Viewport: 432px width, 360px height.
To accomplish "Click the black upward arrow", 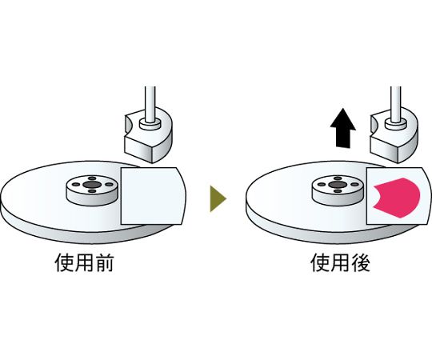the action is click(342, 128).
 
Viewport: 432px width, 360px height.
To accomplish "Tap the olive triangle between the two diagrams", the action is click(218, 198).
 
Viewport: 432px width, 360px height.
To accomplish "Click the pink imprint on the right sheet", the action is click(397, 198).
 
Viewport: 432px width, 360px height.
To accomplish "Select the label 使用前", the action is click(84, 263).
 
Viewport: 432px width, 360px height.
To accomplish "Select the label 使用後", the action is click(340, 263).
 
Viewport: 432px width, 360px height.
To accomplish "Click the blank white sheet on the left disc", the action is click(152, 196).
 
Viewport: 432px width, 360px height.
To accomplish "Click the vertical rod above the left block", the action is click(150, 104).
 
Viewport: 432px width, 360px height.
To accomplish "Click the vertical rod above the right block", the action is click(396, 104).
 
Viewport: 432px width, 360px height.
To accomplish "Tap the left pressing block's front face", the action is click(139, 149).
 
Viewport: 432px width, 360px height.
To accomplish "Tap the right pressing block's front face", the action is click(385, 149).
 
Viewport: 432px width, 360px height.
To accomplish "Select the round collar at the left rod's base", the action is click(150, 125).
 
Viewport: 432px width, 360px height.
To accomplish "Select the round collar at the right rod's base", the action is click(396, 125).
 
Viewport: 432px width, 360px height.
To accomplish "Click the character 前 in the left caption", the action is click(104, 263).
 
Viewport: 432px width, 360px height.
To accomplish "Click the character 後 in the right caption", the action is click(360, 263).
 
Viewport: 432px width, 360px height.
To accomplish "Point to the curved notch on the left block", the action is click(128, 124).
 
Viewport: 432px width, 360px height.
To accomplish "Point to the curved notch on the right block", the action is click(374, 124).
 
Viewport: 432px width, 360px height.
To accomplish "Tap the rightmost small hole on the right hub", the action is click(355, 185).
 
